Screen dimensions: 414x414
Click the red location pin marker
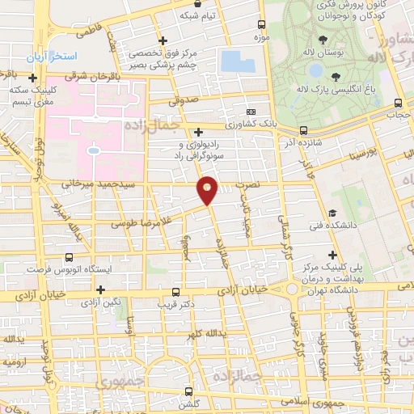(x=208, y=189)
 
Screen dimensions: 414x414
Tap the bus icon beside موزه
(x=261, y=24)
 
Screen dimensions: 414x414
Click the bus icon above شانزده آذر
(x=303, y=129)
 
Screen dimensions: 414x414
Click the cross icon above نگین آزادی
(x=101, y=289)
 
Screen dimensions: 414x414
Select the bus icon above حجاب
(x=397, y=103)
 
